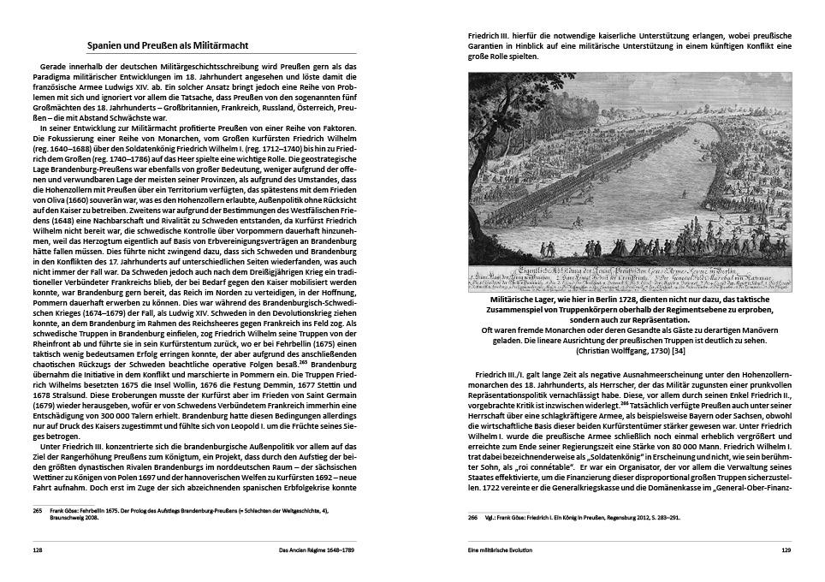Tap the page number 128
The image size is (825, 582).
(38, 550)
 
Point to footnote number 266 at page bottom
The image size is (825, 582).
(472, 517)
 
